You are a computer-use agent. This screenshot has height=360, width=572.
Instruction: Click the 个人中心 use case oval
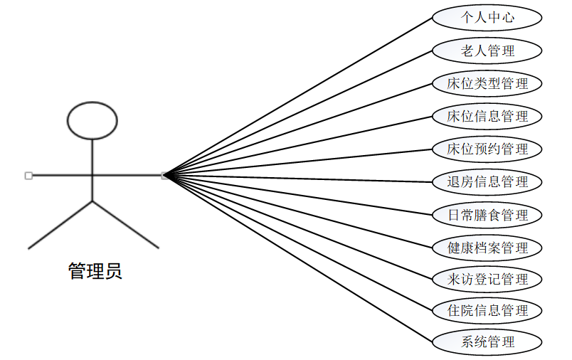click(x=487, y=18)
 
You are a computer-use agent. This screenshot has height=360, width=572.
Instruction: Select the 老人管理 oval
click(x=487, y=51)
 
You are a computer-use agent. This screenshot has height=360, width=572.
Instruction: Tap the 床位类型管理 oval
click(x=487, y=83)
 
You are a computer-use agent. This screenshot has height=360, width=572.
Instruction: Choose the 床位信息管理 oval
click(x=487, y=116)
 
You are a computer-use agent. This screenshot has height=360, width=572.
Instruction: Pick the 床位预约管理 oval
click(x=487, y=149)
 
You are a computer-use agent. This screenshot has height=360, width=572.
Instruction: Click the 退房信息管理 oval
click(x=487, y=181)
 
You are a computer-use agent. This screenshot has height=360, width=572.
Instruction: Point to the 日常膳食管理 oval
click(x=487, y=214)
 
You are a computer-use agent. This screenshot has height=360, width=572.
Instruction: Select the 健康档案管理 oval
click(x=487, y=248)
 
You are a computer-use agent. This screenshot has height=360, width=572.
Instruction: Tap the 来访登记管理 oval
click(x=487, y=279)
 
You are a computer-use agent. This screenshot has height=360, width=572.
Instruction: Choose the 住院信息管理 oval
click(x=487, y=310)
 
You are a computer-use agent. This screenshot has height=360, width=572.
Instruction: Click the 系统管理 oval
click(x=487, y=342)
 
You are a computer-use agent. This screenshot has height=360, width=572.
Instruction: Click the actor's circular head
click(x=92, y=120)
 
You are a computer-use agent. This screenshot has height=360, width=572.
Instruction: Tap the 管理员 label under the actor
click(x=95, y=271)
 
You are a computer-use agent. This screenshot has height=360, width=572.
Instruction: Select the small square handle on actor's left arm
click(x=28, y=175)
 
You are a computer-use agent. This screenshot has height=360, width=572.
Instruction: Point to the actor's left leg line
click(x=60, y=225)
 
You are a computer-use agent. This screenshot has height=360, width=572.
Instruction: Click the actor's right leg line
click(x=126, y=225)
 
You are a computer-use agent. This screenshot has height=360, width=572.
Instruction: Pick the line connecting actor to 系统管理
click(x=299, y=257)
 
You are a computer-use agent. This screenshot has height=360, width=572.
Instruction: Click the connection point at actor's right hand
click(x=164, y=175)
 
